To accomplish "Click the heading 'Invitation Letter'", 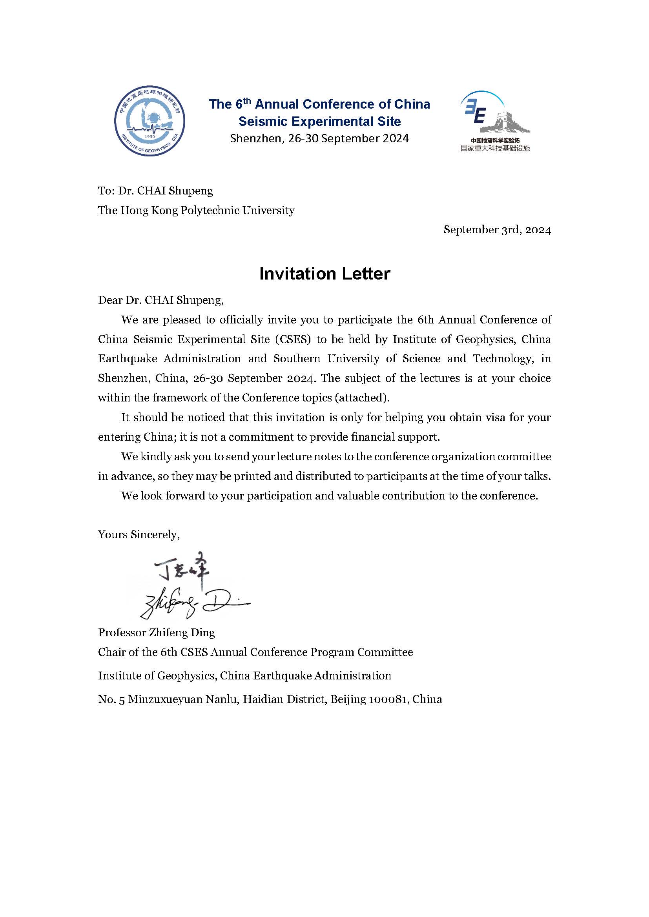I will [324, 274].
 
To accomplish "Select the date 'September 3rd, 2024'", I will [497, 230].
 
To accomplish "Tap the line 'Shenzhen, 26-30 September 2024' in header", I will [319, 138].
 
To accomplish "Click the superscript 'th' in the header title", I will [247, 100].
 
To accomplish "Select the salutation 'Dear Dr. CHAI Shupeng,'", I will [160, 300].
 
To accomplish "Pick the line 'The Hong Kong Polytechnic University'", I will [196, 210].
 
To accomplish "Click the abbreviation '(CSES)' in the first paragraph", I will [293, 340].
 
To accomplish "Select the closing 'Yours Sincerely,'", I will [139, 534].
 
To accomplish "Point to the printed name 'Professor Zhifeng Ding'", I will [156, 632].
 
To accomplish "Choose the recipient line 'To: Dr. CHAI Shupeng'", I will [155, 191].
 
